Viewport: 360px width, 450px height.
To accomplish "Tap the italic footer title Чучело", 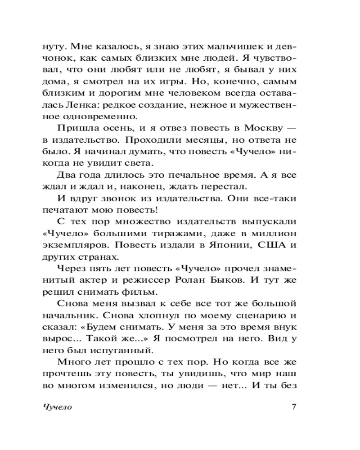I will tap(58, 408).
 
